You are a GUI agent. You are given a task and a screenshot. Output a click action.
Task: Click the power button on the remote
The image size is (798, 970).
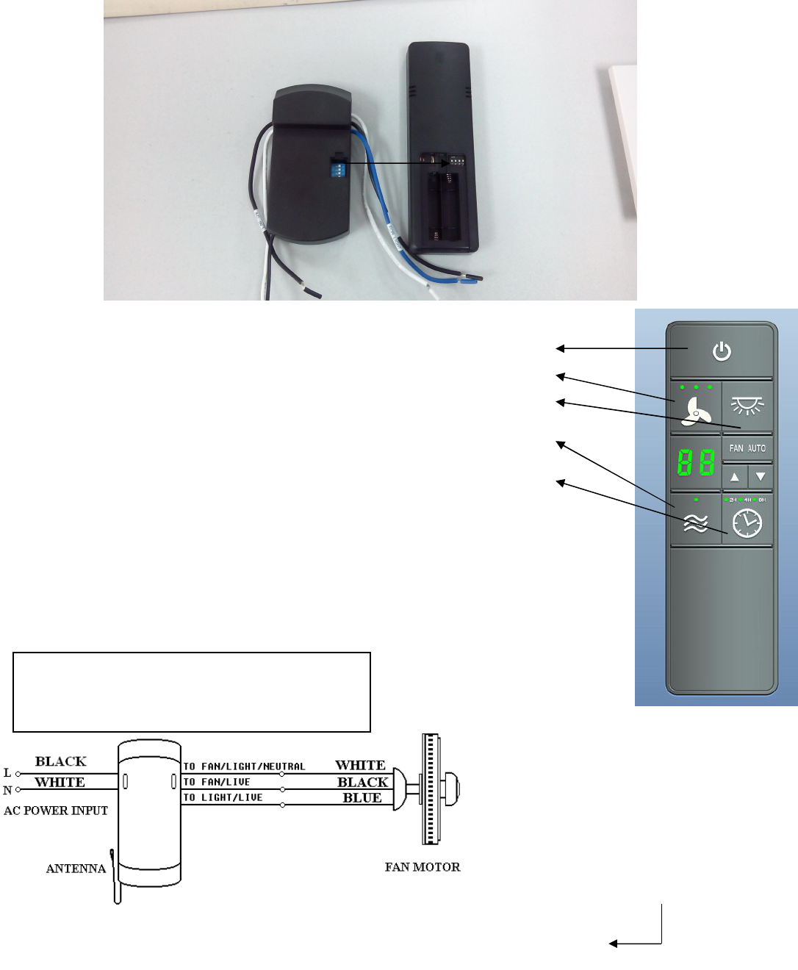722,351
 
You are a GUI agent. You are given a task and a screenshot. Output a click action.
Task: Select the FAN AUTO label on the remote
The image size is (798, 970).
747,448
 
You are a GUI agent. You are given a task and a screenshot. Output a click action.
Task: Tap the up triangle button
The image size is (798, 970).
735,476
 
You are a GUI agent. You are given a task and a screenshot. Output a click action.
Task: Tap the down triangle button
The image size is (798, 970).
761,476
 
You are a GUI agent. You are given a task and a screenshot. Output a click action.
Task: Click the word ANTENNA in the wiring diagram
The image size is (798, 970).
76,869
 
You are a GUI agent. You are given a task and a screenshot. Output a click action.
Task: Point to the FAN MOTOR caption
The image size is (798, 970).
423,867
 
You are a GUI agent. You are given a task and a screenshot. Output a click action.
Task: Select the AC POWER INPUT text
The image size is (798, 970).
56,811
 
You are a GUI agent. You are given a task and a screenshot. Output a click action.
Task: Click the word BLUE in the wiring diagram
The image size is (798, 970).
362,798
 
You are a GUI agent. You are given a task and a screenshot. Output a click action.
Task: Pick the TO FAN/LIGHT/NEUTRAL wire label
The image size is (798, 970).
244,766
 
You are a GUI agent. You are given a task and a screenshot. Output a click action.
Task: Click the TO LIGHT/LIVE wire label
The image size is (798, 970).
223,797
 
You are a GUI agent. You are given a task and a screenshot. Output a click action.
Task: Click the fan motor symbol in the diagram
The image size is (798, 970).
431,788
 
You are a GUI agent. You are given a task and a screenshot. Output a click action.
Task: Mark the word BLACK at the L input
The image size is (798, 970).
61,761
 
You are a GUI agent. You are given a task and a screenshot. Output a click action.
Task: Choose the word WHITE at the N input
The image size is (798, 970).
60,782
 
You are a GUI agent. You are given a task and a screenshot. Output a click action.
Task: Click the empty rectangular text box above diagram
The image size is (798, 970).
192,691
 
